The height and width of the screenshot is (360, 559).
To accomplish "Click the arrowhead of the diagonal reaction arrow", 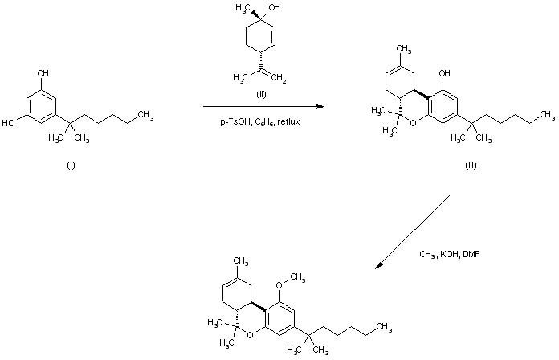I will (380, 266).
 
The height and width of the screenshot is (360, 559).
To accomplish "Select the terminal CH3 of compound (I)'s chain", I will (145, 115).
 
